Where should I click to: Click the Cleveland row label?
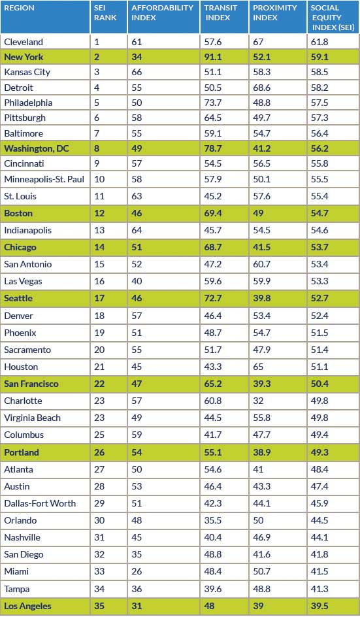[24, 42]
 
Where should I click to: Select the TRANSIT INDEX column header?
[220, 12]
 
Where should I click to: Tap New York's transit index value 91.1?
[213, 57]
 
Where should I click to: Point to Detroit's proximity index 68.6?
[261, 88]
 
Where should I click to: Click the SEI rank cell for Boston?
[99, 213]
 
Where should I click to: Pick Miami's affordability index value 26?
[137, 571]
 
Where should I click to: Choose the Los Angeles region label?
[27, 606]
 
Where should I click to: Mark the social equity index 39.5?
[319, 606]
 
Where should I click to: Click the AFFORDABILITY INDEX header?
[163, 12]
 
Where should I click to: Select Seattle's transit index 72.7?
[213, 298]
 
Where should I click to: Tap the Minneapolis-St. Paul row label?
[44, 180]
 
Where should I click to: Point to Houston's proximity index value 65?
[258, 367]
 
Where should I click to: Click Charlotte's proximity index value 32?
[258, 401]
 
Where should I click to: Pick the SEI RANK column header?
[105, 12]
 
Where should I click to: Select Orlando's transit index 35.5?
[213, 520]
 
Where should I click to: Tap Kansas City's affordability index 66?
[137, 72]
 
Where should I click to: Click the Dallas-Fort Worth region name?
[40, 503]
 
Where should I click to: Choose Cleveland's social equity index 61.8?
[319, 42]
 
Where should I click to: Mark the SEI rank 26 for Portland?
[99, 452]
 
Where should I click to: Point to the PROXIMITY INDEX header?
[274, 12]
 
